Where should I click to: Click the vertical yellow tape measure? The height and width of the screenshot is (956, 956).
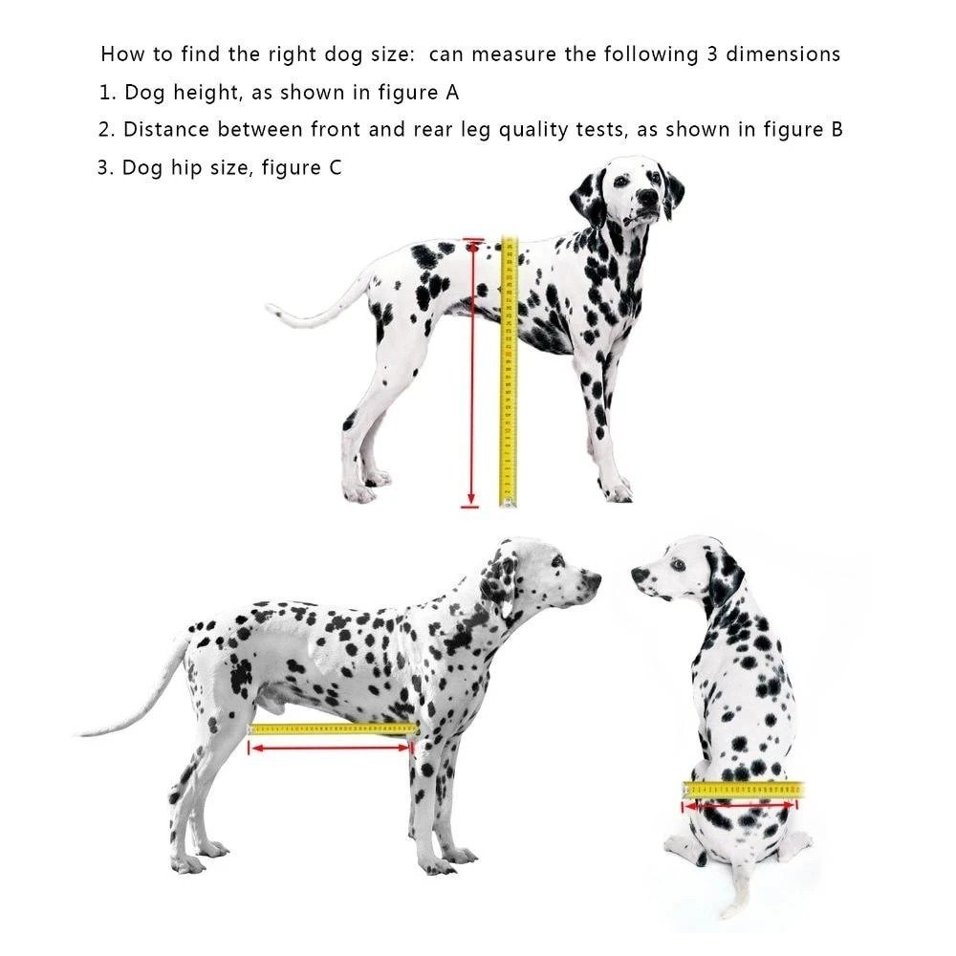click(509, 373)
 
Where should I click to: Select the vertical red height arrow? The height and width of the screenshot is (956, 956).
click(470, 373)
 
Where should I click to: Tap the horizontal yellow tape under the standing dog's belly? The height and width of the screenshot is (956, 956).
click(333, 729)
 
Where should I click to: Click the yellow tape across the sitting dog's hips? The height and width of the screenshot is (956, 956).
click(743, 790)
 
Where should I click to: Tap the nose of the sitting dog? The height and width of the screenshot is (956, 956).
click(638, 574)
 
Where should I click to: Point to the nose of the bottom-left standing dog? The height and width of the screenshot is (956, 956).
click(595, 578)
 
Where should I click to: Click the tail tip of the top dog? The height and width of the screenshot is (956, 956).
click(272, 308)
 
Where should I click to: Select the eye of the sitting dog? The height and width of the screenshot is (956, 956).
click(678, 564)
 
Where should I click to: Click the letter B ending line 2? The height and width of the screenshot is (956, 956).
click(836, 130)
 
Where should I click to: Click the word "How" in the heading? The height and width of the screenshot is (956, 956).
click(120, 54)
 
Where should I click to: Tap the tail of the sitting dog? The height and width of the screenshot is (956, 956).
click(738, 894)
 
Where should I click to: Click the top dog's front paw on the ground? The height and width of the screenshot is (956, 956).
click(618, 493)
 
